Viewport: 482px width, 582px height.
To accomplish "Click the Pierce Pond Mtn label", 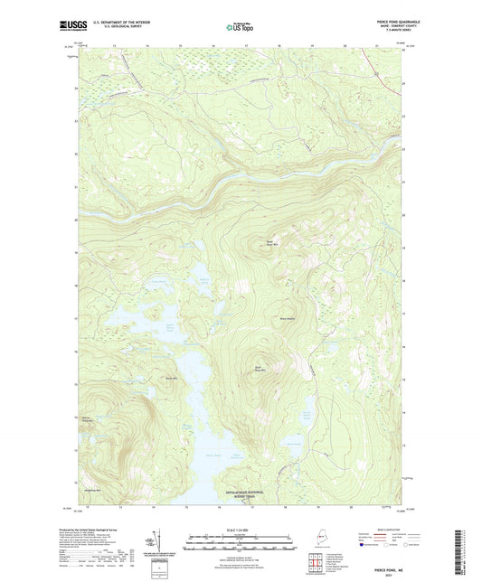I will tap(88, 418).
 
